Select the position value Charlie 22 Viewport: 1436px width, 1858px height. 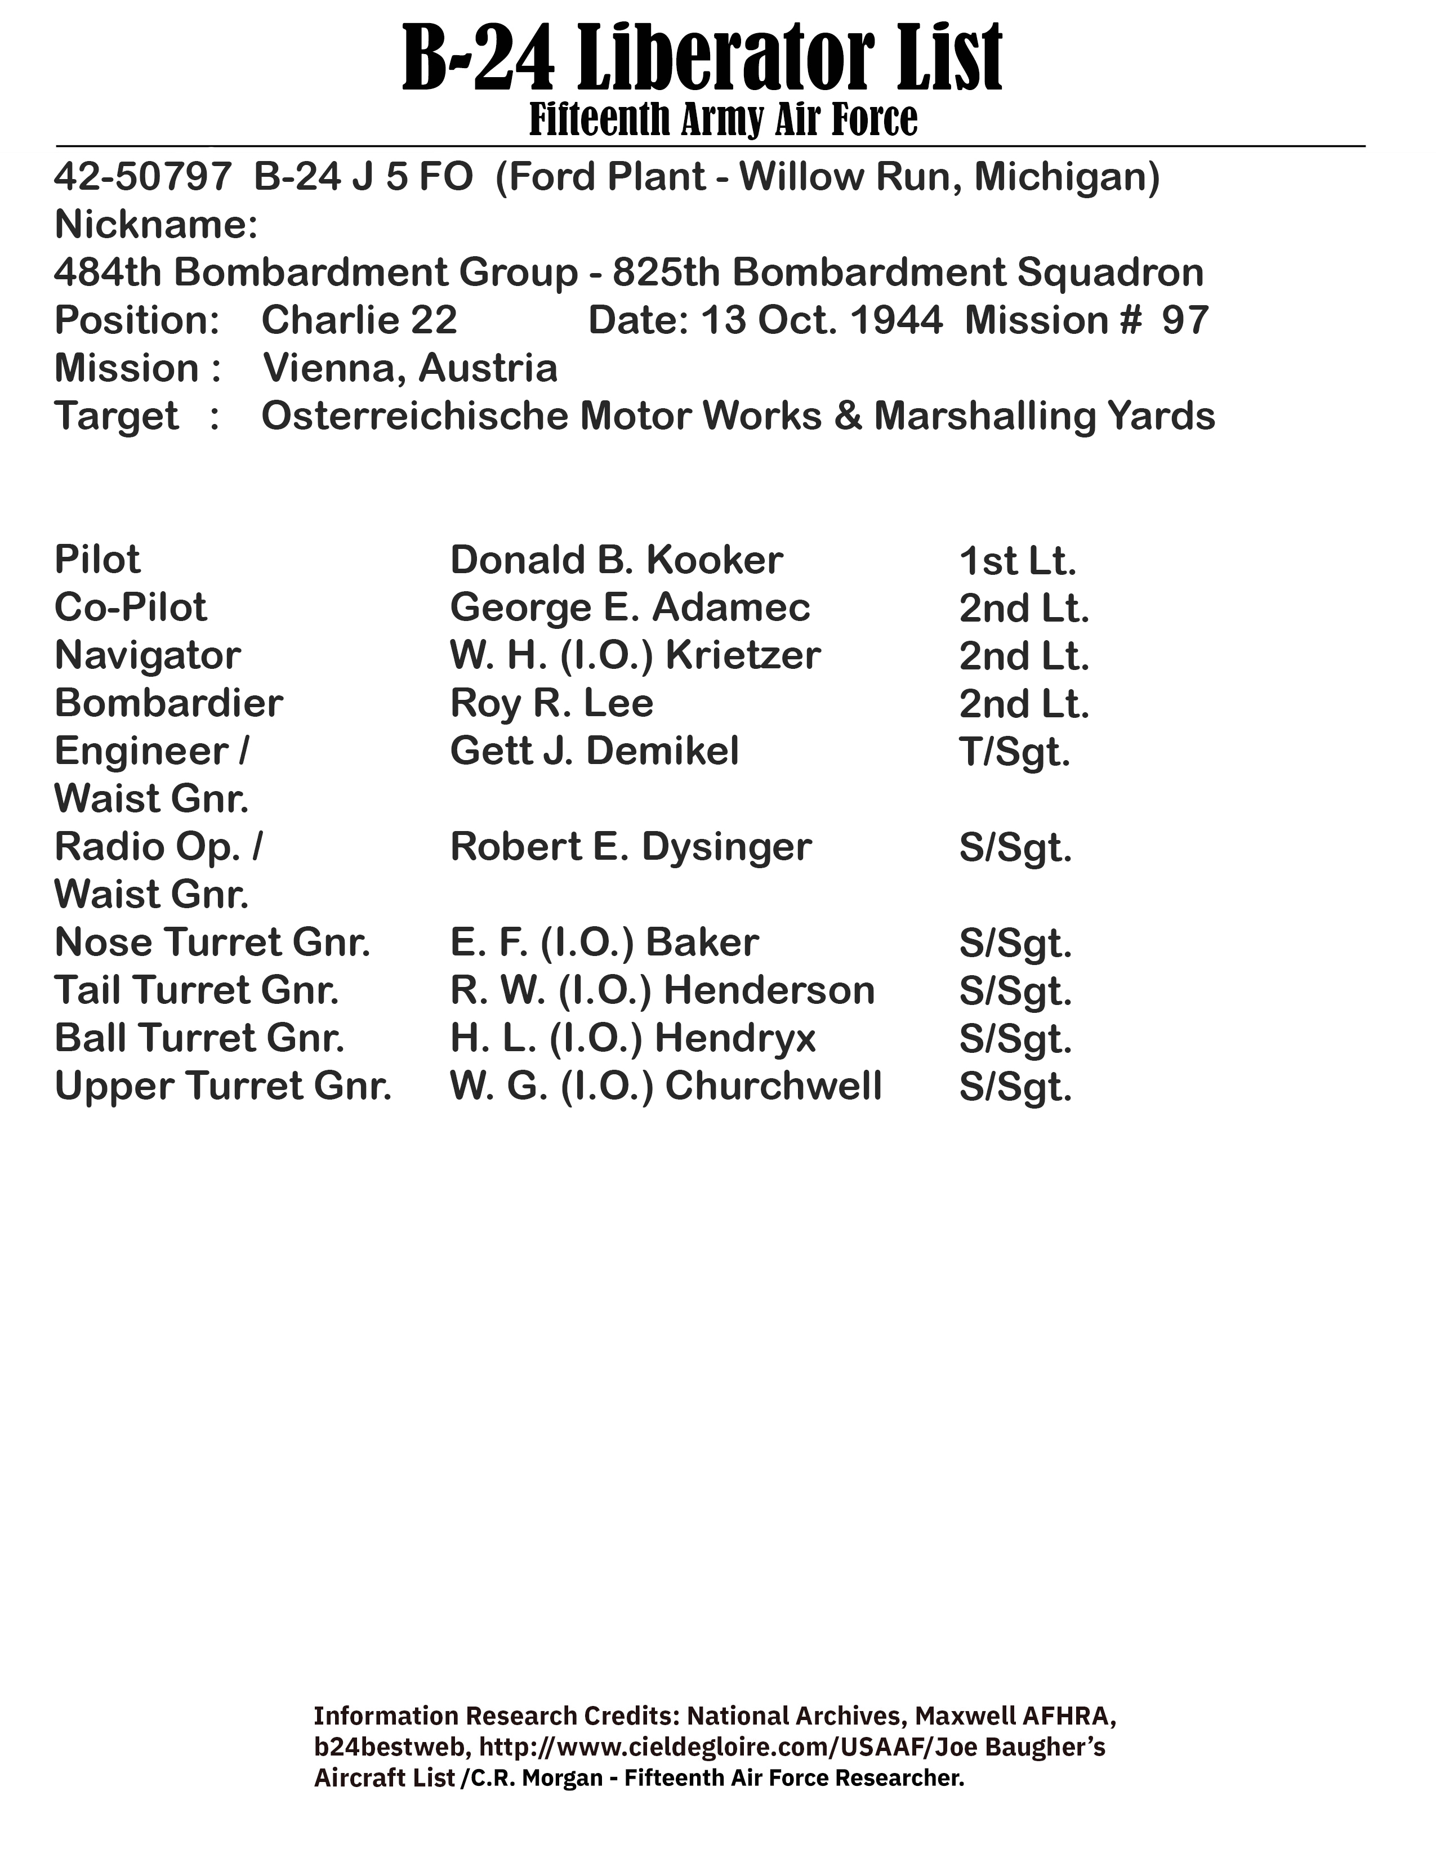point(359,321)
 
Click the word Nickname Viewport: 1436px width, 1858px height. point(155,225)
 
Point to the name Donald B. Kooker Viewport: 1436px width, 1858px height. point(616,560)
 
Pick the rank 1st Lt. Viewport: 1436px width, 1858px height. point(1018,561)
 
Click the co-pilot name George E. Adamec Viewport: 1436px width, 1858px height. point(630,608)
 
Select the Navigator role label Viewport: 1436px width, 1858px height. point(147,656)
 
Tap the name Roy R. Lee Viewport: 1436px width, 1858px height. point(551,704)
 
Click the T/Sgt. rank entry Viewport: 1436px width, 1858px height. point(1014,752)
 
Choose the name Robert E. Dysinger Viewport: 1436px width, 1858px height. point(630,847)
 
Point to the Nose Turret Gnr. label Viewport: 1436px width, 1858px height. point(212,943)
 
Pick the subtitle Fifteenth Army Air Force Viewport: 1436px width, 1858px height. point(723,119)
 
